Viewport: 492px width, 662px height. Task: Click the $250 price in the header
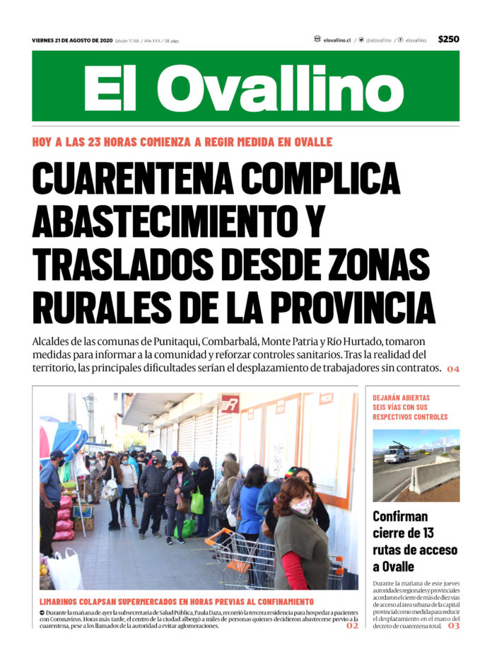pos(448,40)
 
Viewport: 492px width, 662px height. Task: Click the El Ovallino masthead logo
pos(245,88)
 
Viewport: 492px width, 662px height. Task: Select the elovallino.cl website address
pos(335,40)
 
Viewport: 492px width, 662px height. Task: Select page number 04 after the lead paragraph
pos(452,369)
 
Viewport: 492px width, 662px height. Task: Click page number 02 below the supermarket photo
pos(352,626)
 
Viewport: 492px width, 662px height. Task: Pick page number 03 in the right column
pos(452,626)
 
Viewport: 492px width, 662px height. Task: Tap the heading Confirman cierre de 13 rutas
pos(415,541)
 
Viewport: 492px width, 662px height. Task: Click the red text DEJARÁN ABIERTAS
pos(401,398)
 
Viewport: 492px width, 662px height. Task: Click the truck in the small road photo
pos(397,454)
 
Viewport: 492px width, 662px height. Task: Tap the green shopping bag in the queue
pos(197,502)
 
